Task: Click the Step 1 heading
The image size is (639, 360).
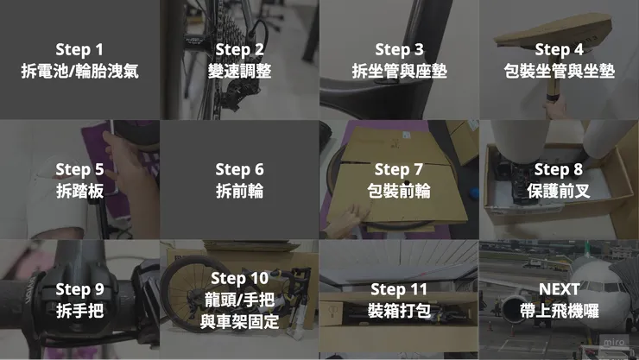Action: (x=79, y=48)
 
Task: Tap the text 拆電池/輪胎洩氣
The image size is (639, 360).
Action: (x=79, y=72)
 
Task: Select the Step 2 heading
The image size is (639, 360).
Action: (x=239, y=48)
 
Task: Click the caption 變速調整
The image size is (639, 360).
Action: (x=239, y=72)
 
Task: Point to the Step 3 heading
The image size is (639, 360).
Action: (x=399, y=48)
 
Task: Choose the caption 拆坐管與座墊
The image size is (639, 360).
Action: (x=399, y=72)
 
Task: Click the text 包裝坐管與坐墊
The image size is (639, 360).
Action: (x=559, y=72)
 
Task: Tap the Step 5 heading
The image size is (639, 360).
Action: (x=79, y=169)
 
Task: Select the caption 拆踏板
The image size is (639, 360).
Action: (x=79, y=192)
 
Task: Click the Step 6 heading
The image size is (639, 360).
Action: (x=239, y=169)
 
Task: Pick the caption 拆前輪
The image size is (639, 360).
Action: (x=239, y=192)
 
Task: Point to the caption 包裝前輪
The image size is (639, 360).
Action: (x=399, y=192)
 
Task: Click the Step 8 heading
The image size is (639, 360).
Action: (x=559, y=169)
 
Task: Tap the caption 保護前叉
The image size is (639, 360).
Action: (x=559, y=192)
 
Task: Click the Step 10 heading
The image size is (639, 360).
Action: (x=239, y=278)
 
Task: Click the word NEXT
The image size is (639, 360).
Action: (x=559, y=289)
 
